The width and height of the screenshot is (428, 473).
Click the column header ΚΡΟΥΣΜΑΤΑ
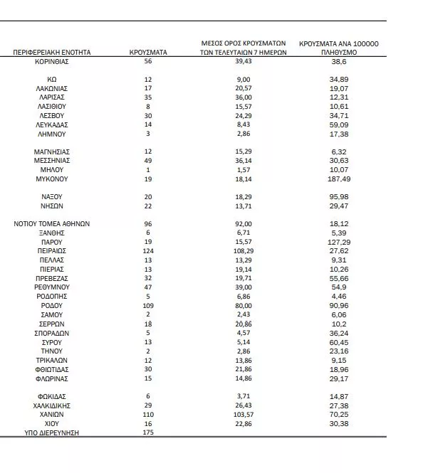tap(148, 53)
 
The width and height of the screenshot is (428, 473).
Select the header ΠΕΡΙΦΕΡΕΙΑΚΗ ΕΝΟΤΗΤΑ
tap(51, 53)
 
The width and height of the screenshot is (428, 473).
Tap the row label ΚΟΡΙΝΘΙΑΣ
tap(51, 62)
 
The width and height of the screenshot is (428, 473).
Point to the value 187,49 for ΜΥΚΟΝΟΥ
tap(338, 179)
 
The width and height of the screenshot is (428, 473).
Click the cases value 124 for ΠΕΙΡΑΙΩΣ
tap(148, 251)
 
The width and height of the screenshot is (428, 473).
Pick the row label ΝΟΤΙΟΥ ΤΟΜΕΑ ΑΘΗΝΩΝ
tap(51, 223)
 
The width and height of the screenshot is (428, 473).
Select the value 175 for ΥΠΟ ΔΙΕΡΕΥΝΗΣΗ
tap(148, 432)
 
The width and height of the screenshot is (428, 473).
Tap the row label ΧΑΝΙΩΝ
tap(51, 414)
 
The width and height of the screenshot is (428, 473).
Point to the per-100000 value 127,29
tap(338, 242)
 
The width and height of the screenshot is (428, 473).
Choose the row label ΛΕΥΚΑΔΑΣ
tap(51, 124)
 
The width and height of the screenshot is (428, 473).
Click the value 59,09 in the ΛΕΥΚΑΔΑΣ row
tap(338, 124)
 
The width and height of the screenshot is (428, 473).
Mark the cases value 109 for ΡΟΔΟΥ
tap(148, 305)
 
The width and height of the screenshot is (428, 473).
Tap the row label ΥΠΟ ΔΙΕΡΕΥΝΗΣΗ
tap(51, 432)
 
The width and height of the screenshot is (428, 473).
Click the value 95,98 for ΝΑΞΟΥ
tap(338, 196)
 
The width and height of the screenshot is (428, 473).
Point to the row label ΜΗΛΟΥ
tap(51, 170)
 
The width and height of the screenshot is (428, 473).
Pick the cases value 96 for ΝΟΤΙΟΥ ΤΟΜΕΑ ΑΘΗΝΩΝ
tap(148, 223)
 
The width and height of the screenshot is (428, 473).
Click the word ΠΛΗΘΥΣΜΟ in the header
tap(338, 53)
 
